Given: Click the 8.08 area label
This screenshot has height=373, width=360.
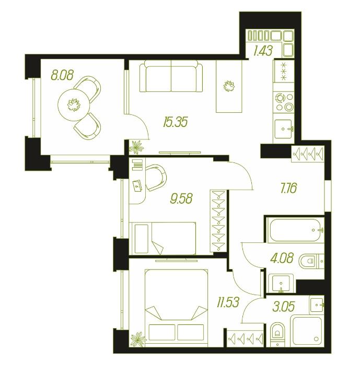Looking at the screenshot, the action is [x=62, y=75].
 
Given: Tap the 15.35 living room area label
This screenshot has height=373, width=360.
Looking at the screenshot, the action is [x=176, y=122].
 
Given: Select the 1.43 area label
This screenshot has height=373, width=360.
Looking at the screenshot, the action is [x=263, y=51].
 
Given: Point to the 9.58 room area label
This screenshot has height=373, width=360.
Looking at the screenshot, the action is [x=181, y=199].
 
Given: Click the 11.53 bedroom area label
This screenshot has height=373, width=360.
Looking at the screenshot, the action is [x=228, y=302].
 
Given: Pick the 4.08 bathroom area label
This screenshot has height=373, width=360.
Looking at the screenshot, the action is [x=282, y=258].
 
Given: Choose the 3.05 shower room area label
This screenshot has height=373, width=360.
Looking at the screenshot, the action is [x=283, y=306].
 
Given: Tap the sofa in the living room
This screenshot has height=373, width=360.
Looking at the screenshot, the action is [x=171, y=76].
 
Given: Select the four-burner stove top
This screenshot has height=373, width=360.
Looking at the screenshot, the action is [x=284, y=102].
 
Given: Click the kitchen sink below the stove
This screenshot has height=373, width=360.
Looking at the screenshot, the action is [x=283, y=129].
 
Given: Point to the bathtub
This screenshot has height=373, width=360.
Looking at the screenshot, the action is [x=295, y=230].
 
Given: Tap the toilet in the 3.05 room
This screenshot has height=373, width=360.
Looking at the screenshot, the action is [x=277, y=333].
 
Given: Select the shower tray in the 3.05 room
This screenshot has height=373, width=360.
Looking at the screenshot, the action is [x=307, y=330].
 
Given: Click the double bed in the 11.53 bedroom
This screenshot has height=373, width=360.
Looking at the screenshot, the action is [x=176, y=308].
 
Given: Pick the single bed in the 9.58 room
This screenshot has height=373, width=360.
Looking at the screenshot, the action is [x=164, y=239].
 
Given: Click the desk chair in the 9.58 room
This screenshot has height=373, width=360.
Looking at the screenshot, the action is [x=155, y=178].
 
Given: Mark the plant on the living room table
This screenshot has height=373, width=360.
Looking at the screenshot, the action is [x=229, y=86].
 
